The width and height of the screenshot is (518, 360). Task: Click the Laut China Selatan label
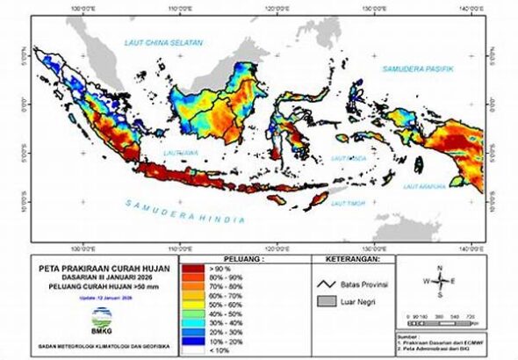[x=164, y=43]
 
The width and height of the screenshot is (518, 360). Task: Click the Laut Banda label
[x=349, y=158]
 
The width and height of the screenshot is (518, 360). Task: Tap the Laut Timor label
[x=348, y=203]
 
